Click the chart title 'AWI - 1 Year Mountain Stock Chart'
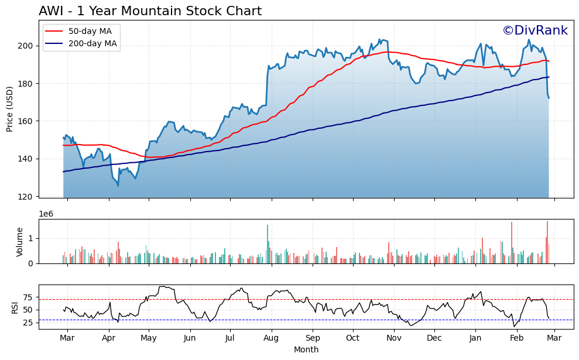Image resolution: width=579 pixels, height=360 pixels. pyautogui.click(x=150, y=11)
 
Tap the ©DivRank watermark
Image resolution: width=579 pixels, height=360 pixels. pyautogui.click(x=535, y=31)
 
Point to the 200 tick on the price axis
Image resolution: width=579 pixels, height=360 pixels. pyautogui.click(x=28, y=46)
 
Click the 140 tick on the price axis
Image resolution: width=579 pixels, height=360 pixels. pyautogui.click(x=28, y=159)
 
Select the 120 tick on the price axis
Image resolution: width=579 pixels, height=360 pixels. pyautogui.click(x=28, y=197)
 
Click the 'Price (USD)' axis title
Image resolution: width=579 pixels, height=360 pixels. pyautogui.click(x=10, y=109)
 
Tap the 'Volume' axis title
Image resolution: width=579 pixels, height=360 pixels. pyautogui.click(x=20, y=242)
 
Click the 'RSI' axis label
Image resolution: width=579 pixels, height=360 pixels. pyautogui.click(x=15, y=307)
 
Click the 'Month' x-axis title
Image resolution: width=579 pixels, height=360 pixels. pyautogui.click(x=306, y=350)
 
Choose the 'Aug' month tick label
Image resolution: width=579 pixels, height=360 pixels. pyautogui.click(x=271, y=338)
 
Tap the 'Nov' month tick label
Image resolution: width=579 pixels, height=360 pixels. pyautogui.click(x=394, y=338)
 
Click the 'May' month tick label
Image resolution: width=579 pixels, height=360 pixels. pyautogui.click(x=149, y=338)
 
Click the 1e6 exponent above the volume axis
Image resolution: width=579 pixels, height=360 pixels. pyautogui.click(x=46, y=214)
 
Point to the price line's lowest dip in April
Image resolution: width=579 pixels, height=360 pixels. pyautogui.click(x=118, y=186)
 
